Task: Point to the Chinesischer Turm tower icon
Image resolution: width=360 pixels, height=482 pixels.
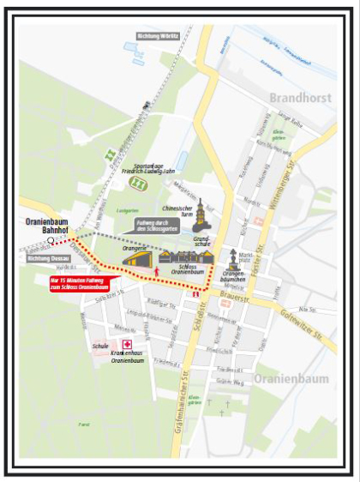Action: [200, 211]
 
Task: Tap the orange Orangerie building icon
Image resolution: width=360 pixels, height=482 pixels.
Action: [137, 257]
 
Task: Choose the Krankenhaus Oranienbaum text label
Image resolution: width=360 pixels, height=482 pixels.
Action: [124, 356]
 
